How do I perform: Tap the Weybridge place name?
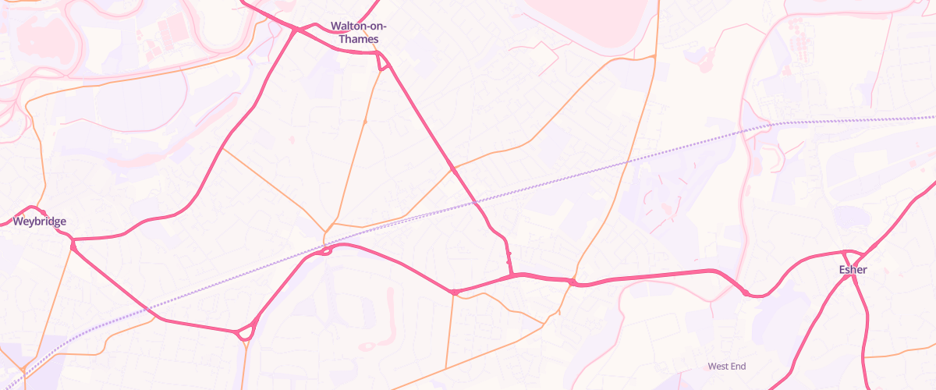point(40,222)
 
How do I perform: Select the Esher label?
point(853,270)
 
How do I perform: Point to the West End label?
point(727,366)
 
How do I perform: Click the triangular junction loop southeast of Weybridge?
point(246,331)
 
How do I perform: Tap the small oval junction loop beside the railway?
point(326,250)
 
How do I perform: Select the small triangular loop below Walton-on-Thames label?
point(383,62)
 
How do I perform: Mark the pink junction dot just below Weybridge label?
point(73,246)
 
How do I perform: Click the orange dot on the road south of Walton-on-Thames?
point(364,122)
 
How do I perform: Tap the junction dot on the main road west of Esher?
point(746,292)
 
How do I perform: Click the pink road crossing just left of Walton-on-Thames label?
point(296,30)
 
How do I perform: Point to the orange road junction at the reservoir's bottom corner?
point(654,56)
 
